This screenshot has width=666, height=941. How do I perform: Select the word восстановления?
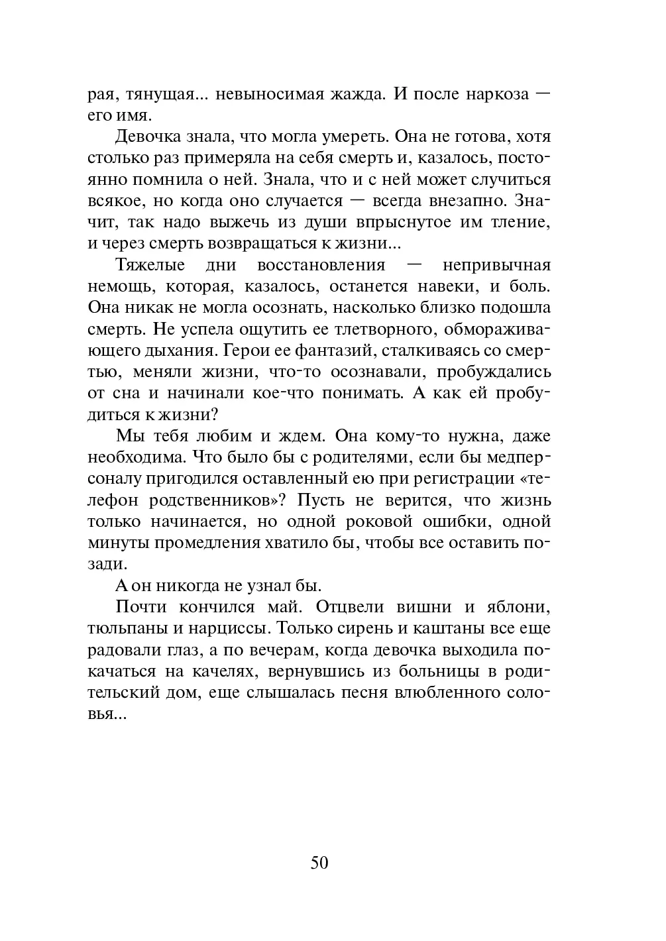click(x=321, y=265)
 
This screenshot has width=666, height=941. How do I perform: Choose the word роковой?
click(x=366, y=522)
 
